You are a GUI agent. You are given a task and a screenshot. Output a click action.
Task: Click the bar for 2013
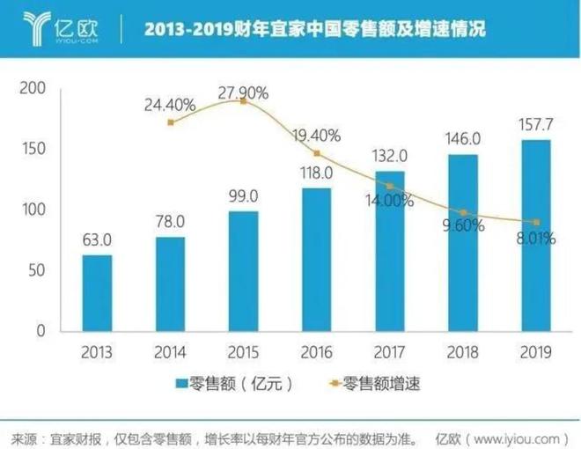click(97, 292)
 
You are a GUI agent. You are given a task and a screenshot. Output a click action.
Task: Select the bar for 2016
click(317, 259)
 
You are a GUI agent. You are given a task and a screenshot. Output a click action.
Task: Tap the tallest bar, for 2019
click(537, 235)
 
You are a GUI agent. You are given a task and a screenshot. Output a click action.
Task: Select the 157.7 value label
click(537, 123)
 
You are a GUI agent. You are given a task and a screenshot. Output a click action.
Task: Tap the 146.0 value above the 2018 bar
click(464, 138)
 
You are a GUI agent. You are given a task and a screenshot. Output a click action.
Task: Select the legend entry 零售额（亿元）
click(233, 384)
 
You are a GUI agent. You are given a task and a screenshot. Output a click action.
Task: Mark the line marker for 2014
click(171, 122)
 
